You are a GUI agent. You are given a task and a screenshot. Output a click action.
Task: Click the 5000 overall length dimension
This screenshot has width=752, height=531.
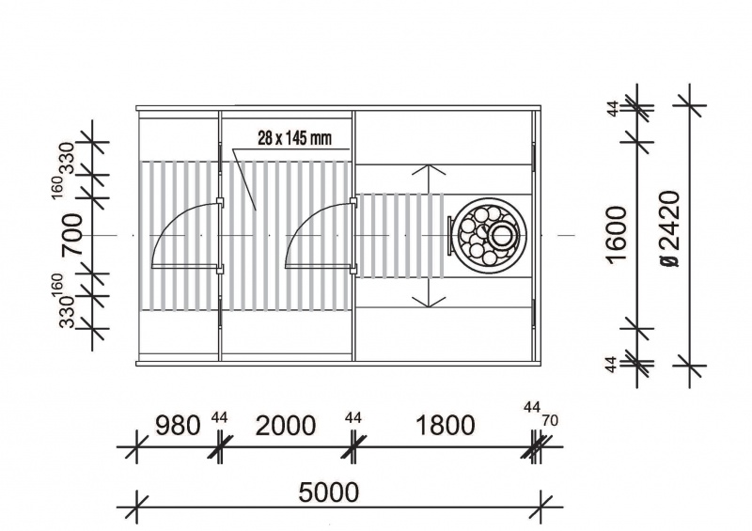(328, 492)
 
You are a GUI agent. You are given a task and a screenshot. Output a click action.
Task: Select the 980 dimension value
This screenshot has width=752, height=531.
(178, 426)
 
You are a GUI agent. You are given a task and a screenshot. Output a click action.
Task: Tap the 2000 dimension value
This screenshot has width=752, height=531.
(286, 426)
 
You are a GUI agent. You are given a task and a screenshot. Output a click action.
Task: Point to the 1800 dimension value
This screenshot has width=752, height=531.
(445, 426)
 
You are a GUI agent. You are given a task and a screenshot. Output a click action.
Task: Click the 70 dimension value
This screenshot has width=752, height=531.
(550, 421)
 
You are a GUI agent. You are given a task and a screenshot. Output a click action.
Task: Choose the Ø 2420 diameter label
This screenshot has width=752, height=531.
(669, 229)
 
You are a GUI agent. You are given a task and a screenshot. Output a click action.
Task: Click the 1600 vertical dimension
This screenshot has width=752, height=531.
(617, 235)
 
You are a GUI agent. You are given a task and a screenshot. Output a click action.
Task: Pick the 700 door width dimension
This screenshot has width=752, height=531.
(71, 235)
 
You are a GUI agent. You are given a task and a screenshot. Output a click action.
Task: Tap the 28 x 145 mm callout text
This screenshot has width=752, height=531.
(294, 138)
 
